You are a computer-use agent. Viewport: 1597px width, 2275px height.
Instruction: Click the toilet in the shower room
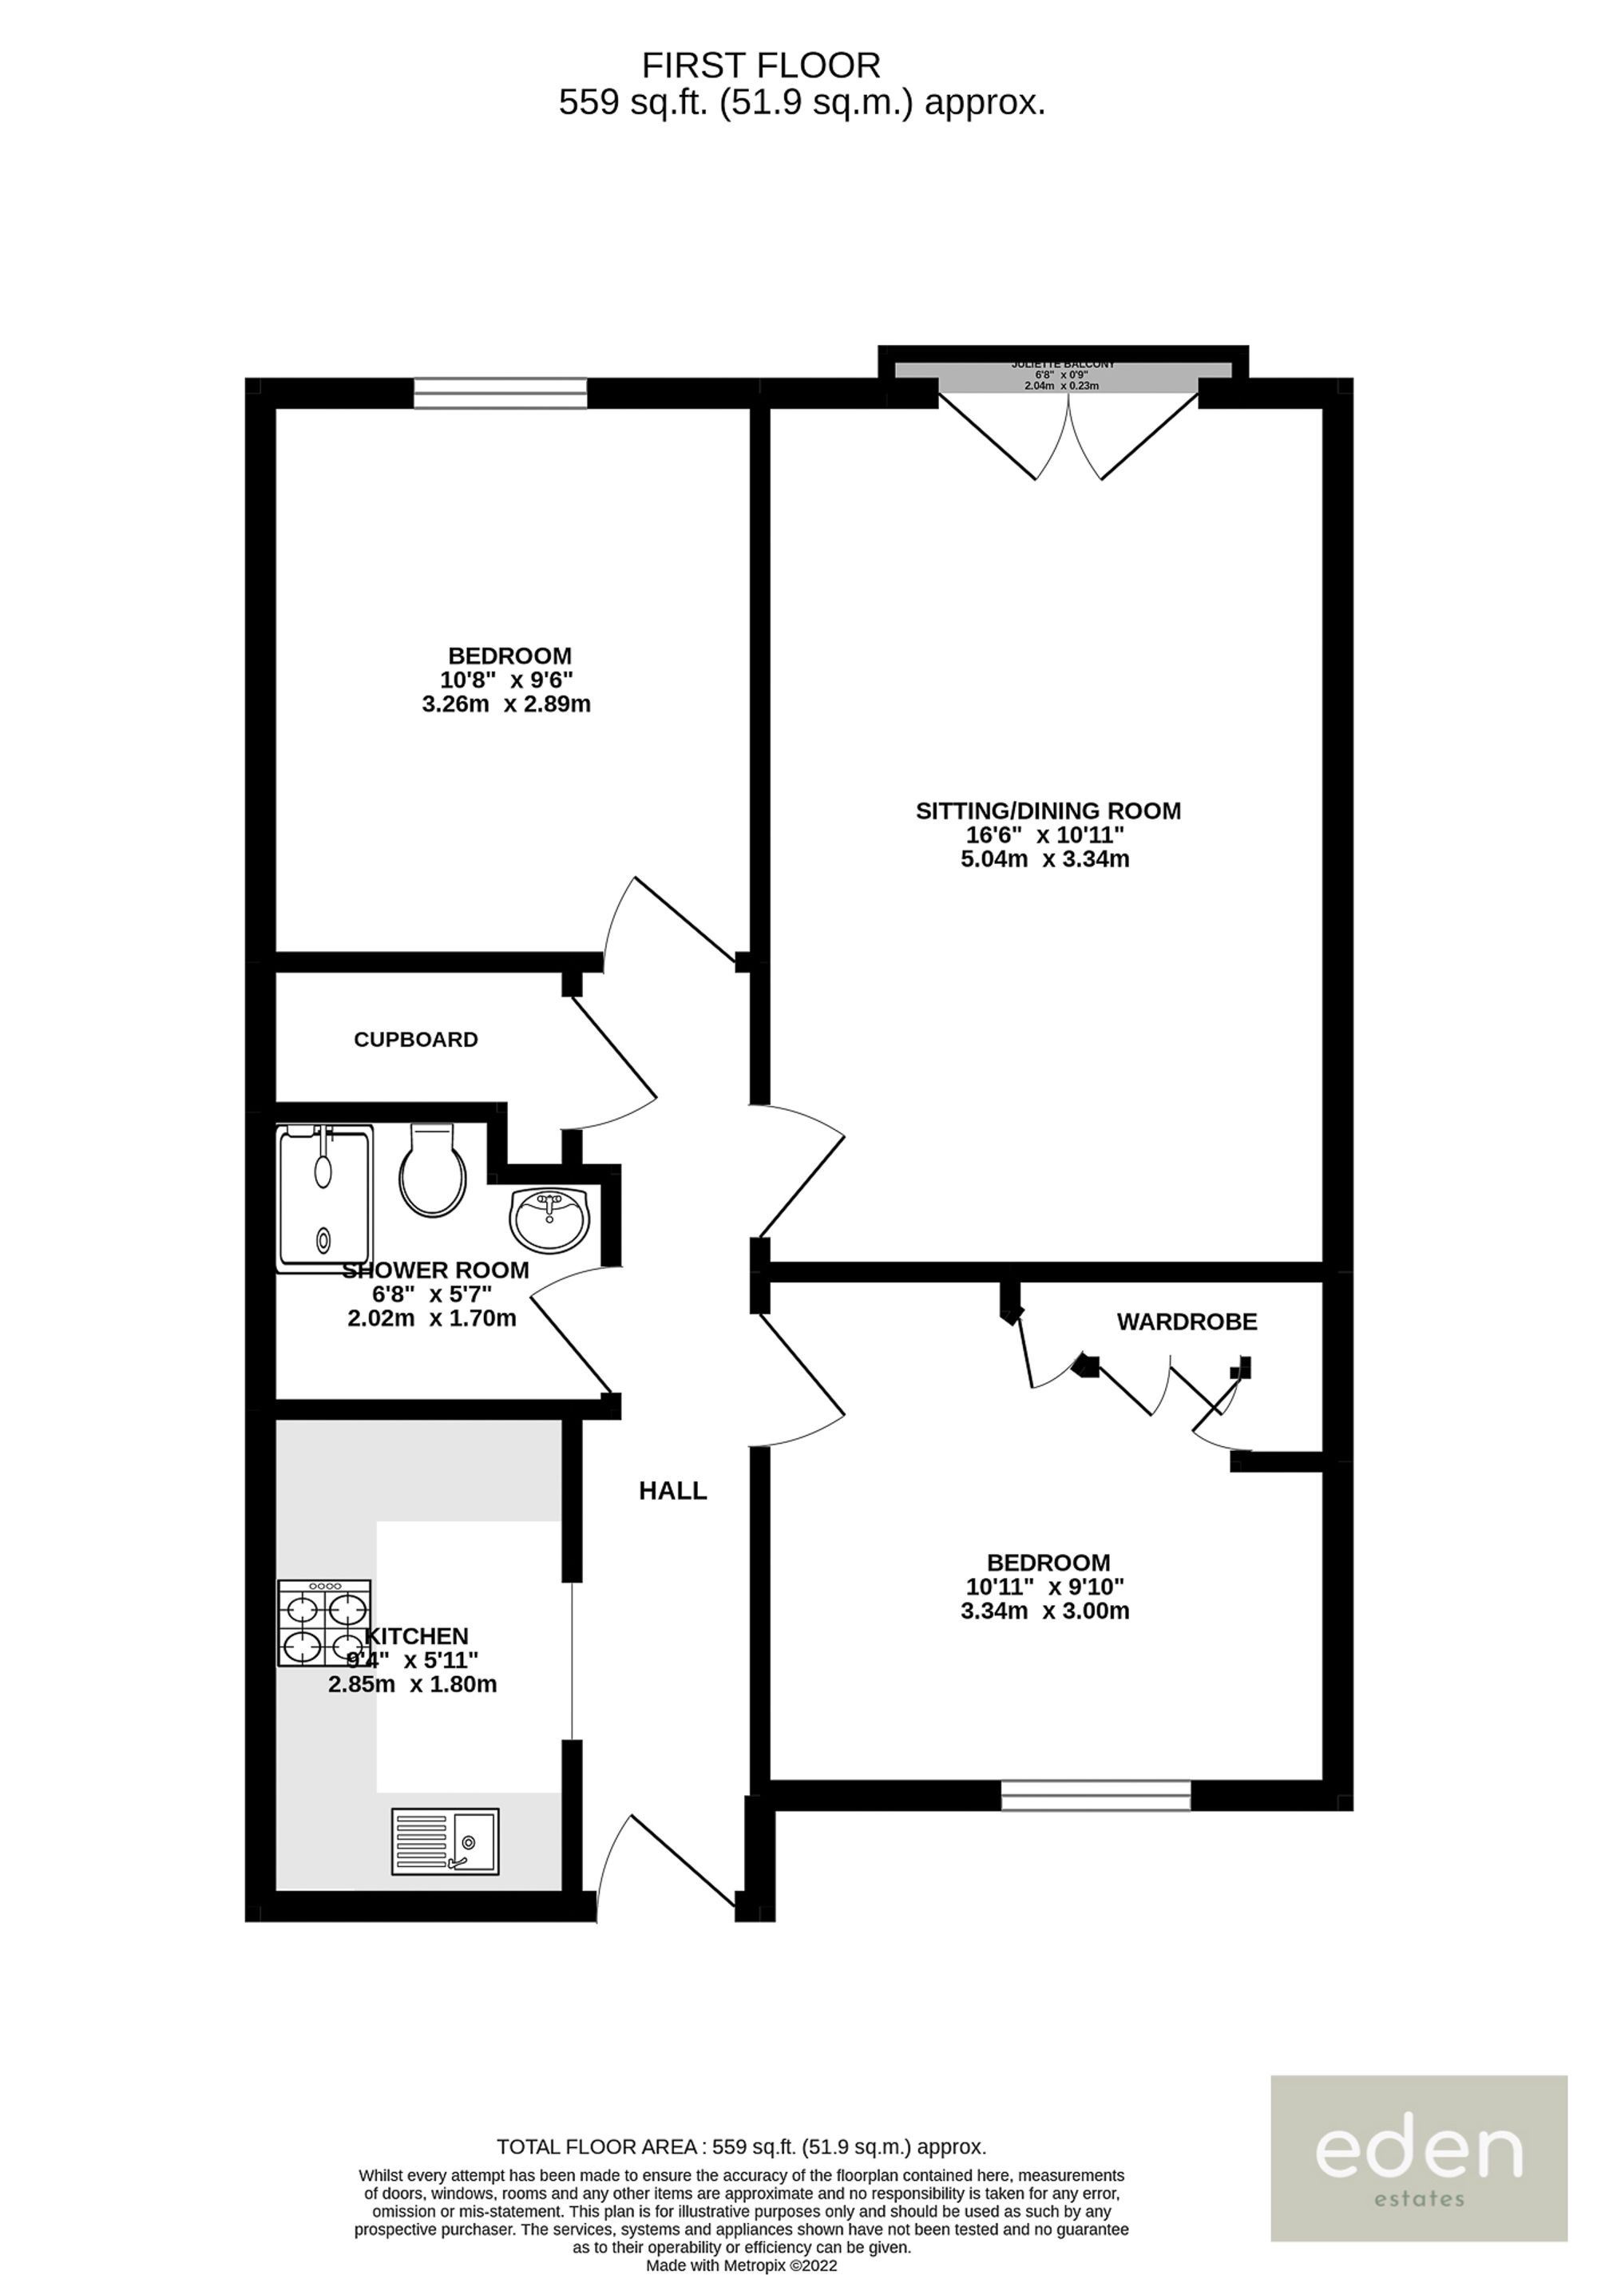click(432, 1173)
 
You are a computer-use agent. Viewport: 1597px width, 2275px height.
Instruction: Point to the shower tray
click(324, 1198)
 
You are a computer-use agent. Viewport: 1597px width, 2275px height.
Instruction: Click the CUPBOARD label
click(416, 1040)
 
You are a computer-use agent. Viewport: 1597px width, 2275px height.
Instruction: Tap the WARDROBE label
click(1186, 1321)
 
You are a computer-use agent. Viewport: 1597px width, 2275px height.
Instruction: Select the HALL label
click(672, 1490)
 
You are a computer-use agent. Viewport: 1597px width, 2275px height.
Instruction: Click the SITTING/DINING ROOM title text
click(1048, 811)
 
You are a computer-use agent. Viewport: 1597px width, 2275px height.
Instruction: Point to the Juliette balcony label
click(1062, 365)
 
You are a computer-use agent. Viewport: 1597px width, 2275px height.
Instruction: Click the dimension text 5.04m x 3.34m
click(1045, 859)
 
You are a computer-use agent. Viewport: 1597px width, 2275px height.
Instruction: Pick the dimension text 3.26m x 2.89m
click(506, 704)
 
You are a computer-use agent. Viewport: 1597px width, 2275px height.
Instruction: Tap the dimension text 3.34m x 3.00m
click(1045, 1611)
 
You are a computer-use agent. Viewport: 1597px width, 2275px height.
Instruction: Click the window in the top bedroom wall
click(501, 394)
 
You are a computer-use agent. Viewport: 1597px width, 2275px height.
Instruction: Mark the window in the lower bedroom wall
click(1095, 1795)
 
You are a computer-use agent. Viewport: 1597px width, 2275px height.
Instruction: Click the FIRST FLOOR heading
click(761, 65)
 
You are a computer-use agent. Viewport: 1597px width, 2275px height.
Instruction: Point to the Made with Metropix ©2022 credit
click(742, 2265)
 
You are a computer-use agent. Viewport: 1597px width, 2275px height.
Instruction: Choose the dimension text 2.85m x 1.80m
click(412, 1684)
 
